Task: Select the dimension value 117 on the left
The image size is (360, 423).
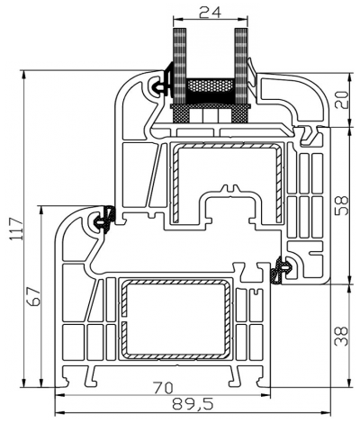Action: point(13,228)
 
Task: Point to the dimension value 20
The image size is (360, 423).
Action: point(341,99)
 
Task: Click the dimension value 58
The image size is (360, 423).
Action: point(341,206)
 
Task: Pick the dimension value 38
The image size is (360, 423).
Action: point(341,337)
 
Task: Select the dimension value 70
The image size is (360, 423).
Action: point(163,388)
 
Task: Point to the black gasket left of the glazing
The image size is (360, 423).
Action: point(165,84)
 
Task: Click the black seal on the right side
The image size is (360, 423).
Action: point(282,267)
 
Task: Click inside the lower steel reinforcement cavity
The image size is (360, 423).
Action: point(175,319)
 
